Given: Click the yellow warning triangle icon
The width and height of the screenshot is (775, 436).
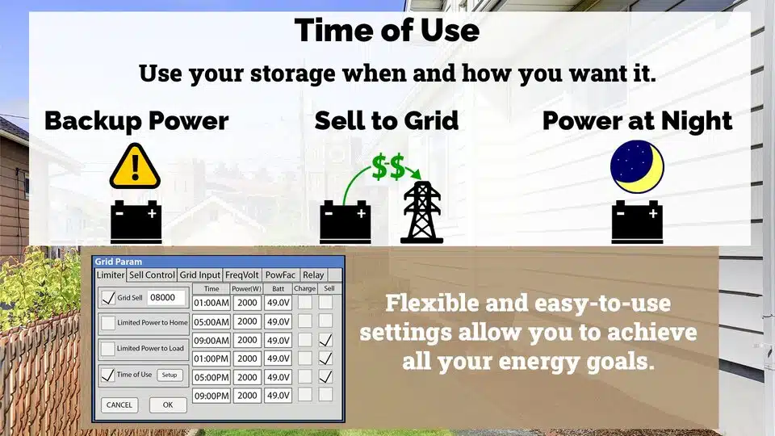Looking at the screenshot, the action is point(135,166).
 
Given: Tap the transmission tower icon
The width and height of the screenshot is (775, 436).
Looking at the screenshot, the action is point(421,212).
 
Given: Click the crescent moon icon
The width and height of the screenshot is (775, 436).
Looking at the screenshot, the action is point(637,166).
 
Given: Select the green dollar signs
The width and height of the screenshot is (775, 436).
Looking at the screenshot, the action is point(388,166).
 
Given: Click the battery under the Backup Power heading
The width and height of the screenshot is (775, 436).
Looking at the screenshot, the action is point(136,222).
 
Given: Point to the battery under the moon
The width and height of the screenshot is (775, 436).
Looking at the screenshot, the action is point(637,222).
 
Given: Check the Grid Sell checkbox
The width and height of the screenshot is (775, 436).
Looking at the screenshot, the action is point(108,298).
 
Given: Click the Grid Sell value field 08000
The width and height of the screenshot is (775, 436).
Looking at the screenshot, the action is point(166,298).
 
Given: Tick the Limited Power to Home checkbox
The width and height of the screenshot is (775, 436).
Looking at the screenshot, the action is point(108,323).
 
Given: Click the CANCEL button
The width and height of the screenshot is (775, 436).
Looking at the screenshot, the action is point(119,405).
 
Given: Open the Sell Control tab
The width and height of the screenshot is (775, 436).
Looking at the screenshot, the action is point(152,275).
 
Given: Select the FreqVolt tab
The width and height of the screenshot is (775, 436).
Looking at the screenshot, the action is point(241,275).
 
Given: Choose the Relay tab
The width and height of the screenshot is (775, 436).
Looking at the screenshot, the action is point(313,275).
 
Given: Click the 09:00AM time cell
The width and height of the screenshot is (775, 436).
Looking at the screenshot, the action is point(212,340).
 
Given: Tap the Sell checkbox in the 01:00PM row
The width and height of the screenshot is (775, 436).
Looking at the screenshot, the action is point(325,358).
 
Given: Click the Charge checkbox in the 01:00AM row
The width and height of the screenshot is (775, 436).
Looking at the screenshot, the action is point(305,302).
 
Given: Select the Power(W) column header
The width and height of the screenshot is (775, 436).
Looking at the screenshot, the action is point(247,289).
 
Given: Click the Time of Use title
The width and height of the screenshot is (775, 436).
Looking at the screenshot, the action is point(387,30).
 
